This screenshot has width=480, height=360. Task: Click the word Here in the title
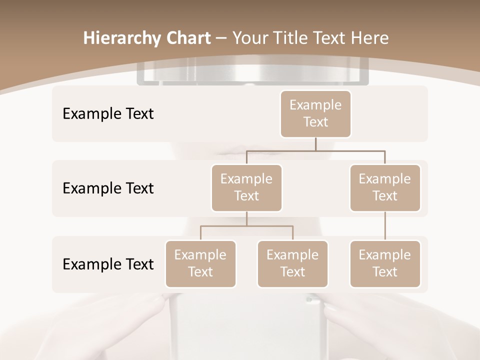[369, 38]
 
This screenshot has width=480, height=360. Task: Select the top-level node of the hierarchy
[315, 113]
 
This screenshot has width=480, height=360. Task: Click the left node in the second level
[246, 187]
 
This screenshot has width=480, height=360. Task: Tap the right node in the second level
[385, 187]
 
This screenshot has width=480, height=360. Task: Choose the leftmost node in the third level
[200, 263]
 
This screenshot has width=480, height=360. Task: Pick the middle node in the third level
[292, 263]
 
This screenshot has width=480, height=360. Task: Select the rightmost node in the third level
[385, 263]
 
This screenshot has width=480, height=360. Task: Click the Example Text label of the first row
[108, 113]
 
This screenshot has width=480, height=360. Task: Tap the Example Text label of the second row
[108, 188]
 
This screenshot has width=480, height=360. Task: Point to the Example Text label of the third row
[108, 264]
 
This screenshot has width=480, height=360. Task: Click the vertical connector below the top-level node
[315, 144]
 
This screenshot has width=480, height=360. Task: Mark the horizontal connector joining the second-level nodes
[315, 150]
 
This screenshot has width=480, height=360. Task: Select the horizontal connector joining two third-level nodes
[246, 226]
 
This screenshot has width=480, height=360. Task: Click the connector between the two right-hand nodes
[385, 226]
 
